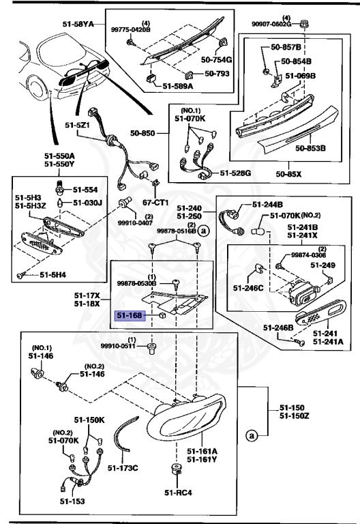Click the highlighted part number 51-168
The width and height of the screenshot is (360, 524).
click(x=128, y=316)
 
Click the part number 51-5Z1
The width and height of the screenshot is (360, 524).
click(x=79, y=126)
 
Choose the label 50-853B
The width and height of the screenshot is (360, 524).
click(x=310, y=147)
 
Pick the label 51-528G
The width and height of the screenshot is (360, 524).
click(x=235, y=174)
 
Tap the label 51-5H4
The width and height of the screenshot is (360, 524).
click(x=52, y=275)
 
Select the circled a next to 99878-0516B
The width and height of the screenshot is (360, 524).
click(x=205, y=231)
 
